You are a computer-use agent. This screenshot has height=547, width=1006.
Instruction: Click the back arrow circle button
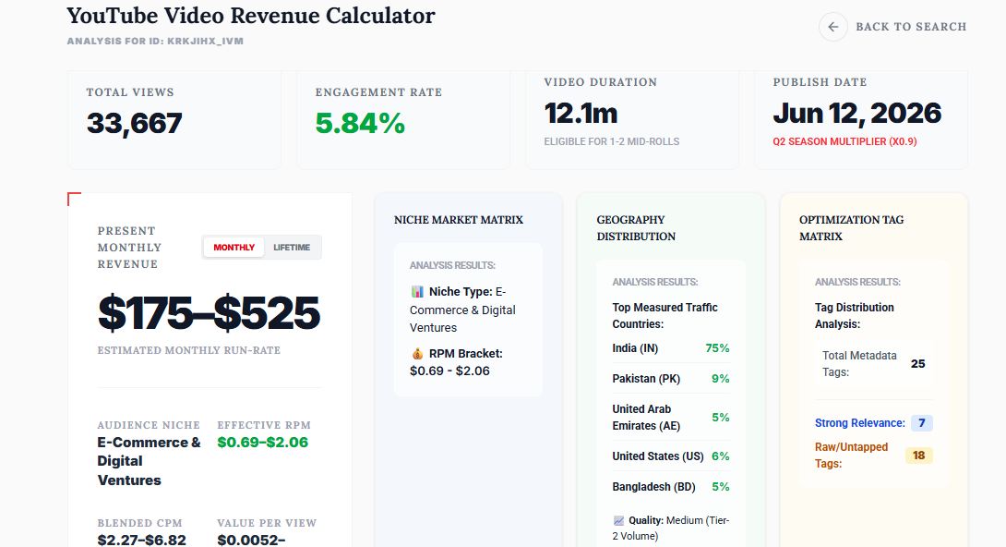pyautogui.click(x=832, y=27)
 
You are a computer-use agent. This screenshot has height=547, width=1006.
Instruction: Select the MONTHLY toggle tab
pyautogui.click(x=234, y=248)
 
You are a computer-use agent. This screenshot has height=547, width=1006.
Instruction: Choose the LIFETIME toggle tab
pyautogui.click(x=292, y=248)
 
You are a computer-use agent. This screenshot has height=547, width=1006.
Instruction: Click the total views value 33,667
pyautogui.click(x=135, y=123)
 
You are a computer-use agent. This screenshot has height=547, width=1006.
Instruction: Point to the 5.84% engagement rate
pyautogui.click(x=360, y=123)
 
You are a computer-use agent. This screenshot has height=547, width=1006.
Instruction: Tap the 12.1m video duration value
pyautogui.click(x=581, y=114)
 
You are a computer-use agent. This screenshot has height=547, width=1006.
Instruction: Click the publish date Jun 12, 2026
pyautogui.click(x=857, y=114)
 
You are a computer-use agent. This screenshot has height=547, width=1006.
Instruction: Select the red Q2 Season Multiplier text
pyautogui.click(x=845, y=142)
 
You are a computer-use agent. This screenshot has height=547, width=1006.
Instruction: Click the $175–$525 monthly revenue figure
pyautogui.click(x=210, y=313)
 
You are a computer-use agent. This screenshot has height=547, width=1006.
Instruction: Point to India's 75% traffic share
pyautogui.click(x=717, y=348)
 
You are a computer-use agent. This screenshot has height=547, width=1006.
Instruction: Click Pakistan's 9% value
pyautogui.click(x=721, y=379)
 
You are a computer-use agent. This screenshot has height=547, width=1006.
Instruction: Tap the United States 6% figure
pyautogui.click(x=721, y=456)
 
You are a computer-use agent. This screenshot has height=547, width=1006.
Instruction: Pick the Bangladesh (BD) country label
pyautogui.click(x=653, y=487)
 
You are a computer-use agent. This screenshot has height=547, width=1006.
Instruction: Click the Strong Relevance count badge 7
pyautogui.click(x=922, y=423)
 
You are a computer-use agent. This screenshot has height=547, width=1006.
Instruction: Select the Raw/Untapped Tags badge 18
pyautogui.click(x=918, y=456)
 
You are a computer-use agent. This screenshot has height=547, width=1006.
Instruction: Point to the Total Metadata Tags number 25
pyautogui.click(x=918, y=364)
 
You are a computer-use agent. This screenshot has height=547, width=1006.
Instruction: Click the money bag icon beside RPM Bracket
pyautogui.click(x=417, y=354)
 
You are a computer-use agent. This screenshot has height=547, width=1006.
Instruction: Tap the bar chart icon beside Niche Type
pyautogui.click(x=417, y=291)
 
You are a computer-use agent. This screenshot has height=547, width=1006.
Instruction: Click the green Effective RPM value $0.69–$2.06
pyautogui.click(x=262, y=443)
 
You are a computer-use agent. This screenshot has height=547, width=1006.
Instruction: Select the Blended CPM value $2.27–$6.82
pyautogui.click(x=142, y=541)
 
